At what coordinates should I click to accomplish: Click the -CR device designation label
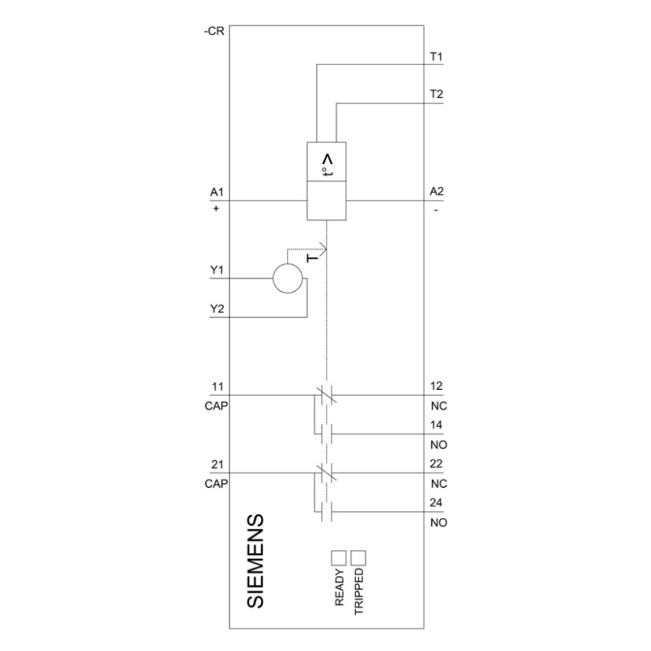[x=214, y=31]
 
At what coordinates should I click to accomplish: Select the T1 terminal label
[x=437, y=56]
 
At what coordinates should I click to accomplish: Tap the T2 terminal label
[x=437, y=94]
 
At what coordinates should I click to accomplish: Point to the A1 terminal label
[x=217, y=191]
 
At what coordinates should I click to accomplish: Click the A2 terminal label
[x=437, y=191]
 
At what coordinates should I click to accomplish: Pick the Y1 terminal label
[x=217, y=270]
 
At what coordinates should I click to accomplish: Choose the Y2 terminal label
[x=217, y=309]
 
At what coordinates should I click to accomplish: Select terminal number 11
[x=218, y=387]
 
